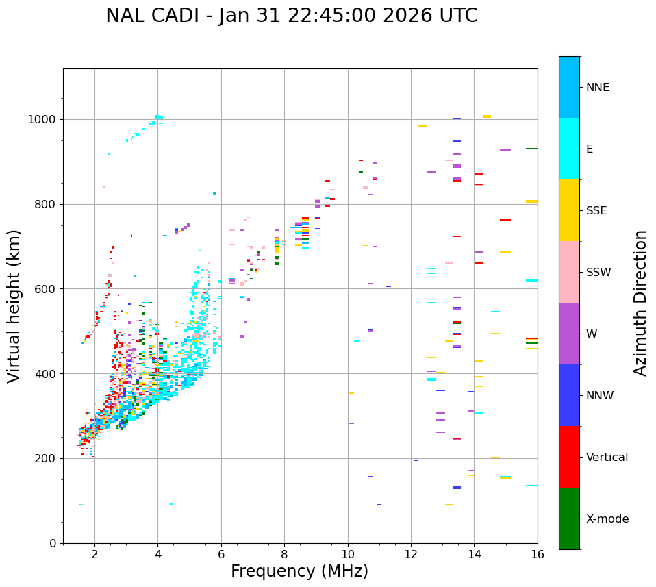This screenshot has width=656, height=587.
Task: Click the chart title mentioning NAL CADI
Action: [292, 16]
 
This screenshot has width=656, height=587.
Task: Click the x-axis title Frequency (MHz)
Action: [299, 571]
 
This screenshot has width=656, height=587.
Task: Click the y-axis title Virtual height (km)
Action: [14, 306]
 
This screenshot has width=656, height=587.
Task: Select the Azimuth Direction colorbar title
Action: [640, 303]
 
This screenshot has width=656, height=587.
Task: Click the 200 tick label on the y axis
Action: [46, 458]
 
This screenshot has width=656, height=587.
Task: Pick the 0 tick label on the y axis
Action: [53, 543]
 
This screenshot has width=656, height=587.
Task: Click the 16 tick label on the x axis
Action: [537, 554]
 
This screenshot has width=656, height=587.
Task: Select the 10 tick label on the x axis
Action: [347, 554]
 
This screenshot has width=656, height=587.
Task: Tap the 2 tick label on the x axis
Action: [94, 554]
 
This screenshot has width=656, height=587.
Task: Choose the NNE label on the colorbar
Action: [597, 88]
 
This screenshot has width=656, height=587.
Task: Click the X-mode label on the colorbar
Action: [607, 519]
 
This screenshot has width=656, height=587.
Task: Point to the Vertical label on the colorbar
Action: [607, 458]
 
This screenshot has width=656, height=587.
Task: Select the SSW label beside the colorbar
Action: [598, 273]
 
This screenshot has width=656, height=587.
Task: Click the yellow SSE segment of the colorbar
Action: [569, 210]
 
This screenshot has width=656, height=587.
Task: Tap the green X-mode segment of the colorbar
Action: [569, 519]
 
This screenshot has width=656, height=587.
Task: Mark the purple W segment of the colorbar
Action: [569, 334]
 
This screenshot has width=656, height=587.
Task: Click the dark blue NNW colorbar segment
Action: [569, 395]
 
